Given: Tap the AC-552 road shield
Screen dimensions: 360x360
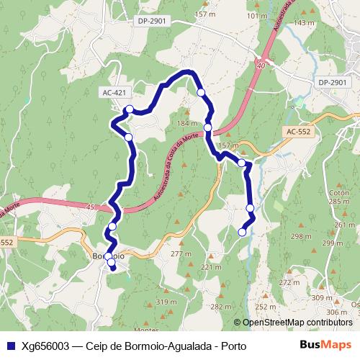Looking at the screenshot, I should point(298,132).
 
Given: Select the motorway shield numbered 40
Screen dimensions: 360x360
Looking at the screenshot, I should point(261,65).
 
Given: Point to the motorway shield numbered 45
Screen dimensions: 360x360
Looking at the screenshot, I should point(89,207).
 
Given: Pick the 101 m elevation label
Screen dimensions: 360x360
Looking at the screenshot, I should point(256,15).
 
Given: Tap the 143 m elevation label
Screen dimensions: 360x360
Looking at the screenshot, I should point(305,23).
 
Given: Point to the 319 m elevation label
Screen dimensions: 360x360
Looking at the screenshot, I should point(166,302).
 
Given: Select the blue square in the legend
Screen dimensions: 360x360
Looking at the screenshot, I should point(10,346).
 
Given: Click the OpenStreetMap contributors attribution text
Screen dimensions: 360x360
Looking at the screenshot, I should point(297,323).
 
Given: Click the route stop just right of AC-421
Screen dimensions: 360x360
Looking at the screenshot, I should point(129,109).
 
